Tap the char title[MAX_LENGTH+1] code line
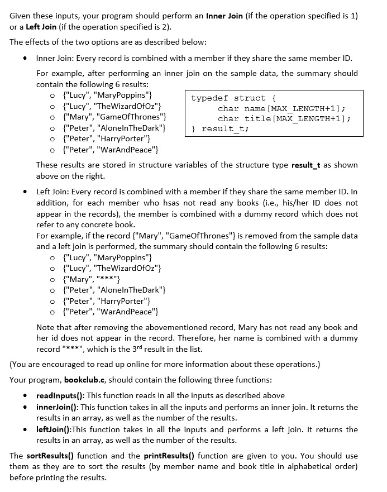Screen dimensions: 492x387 click(284, 118)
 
